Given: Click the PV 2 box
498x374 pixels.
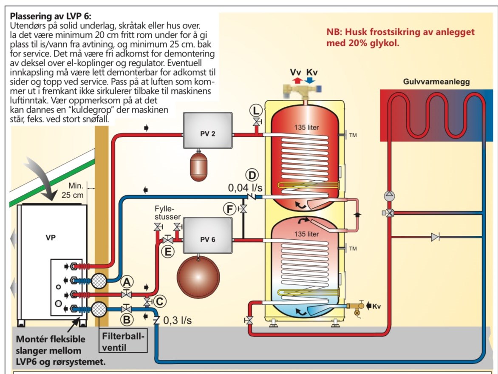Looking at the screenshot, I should (x=207, y=133).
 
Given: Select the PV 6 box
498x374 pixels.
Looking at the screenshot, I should (x=207, y=239).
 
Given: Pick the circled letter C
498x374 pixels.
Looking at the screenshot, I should (x=159, y=301).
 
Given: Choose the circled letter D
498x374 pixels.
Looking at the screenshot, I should (x=252, y=176).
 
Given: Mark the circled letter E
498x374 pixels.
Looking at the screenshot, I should (x=168, y=252).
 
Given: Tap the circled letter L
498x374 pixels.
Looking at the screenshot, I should (x=255, y=110).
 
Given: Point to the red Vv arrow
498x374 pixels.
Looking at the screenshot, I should (x=298, y=79).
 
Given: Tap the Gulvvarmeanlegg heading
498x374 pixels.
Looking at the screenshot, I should (x=436, y=82).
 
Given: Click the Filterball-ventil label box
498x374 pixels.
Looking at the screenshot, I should (x=123, y=340).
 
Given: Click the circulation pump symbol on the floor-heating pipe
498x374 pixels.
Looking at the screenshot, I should (x=390, y=196).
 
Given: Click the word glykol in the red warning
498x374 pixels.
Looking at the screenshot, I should (x=385, y=43).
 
